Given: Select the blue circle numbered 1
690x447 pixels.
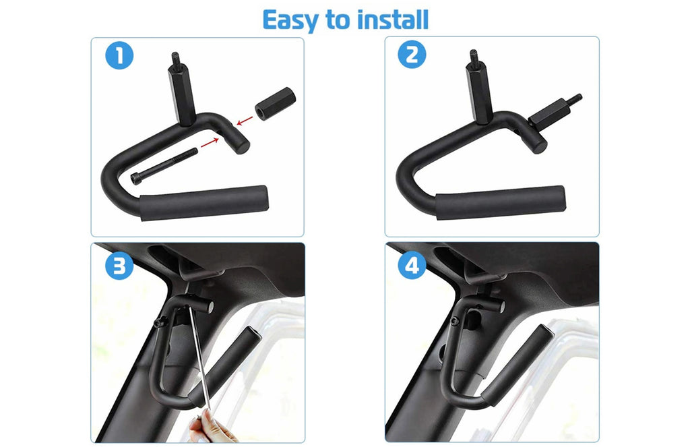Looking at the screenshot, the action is [119, 55].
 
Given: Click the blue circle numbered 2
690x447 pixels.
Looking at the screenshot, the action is [412, 55].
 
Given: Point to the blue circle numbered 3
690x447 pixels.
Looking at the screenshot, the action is [119, 266].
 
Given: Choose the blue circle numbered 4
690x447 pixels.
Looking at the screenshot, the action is [412, 265].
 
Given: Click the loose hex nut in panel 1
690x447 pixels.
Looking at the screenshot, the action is [275, 104].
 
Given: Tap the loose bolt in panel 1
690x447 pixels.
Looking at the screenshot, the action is [164, 166].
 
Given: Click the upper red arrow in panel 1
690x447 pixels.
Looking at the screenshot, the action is [245, 120].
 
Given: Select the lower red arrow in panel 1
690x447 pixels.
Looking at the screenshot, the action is [210, 143].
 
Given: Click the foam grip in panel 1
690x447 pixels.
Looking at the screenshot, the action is [204, 202].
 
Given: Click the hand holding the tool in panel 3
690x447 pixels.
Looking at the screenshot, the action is [210, 428].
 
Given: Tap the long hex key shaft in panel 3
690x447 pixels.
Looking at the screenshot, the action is [199, 357].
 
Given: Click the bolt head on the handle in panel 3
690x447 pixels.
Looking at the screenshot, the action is [160, 323].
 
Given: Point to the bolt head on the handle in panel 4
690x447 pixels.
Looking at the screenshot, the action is [454, 321].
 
